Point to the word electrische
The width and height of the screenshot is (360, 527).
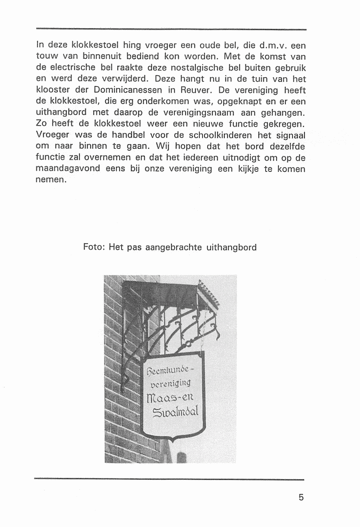tap(68, 68)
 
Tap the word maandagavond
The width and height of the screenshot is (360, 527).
tap(67, 169)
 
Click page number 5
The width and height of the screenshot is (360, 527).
tap(301, 497)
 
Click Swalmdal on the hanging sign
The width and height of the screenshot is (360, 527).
tap(175, 412)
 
